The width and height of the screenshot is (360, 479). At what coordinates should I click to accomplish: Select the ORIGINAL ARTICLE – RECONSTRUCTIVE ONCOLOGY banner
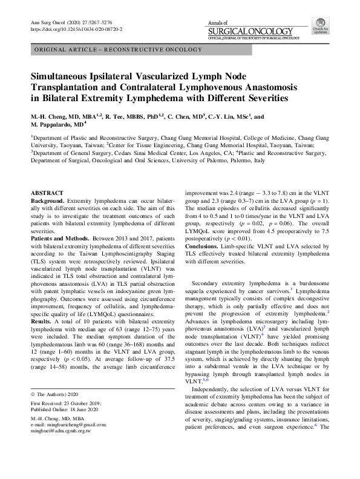pos(119,48)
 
